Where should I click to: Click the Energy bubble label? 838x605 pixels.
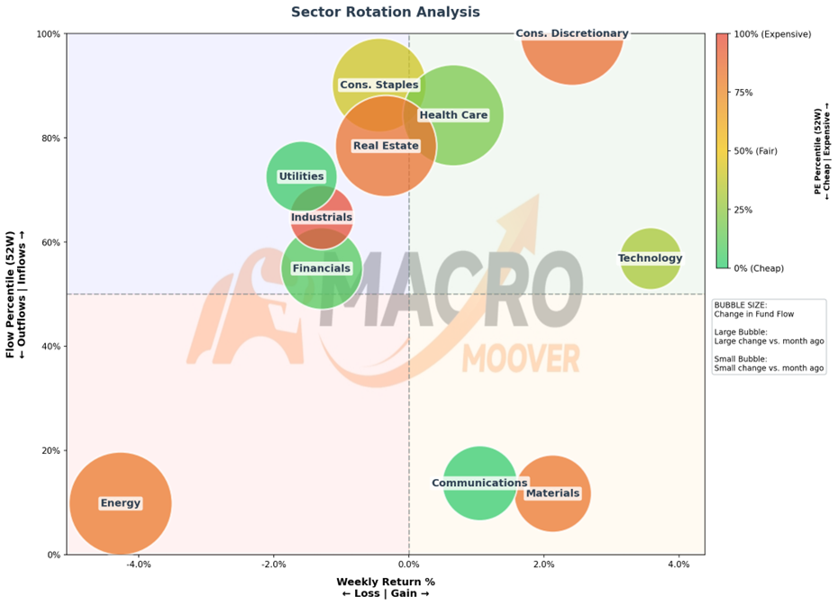pos(120,503)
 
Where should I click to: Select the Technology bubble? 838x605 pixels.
pos(651,258)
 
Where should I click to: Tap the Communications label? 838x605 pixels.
pos(479,483)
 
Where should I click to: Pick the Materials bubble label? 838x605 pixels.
pos(552,492)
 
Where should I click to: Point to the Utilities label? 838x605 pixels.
pos(302,176)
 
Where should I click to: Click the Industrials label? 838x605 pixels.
pos(322,217)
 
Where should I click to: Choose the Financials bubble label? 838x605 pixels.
pos(322,268)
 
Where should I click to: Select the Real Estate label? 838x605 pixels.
pos(386,146)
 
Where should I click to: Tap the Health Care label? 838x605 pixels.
pos(453,115)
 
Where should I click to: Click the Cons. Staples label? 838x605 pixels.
pos(379,85)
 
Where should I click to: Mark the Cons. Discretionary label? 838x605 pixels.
pos(572,33)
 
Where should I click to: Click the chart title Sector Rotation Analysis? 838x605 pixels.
pos(386,12)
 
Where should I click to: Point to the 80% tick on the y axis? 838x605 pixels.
pos(51,138)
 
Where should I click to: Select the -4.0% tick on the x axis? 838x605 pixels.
pos(139,564)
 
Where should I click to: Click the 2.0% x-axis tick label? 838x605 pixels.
pos(544,564)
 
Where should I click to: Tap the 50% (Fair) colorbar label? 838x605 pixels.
pos(756,151)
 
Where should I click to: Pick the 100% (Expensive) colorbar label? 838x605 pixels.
pos(772,34)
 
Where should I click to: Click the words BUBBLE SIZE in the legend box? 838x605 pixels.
pos(740,305)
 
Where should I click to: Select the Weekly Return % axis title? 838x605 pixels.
pos(386,582)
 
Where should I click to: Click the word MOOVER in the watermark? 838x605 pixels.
pos(521,358)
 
